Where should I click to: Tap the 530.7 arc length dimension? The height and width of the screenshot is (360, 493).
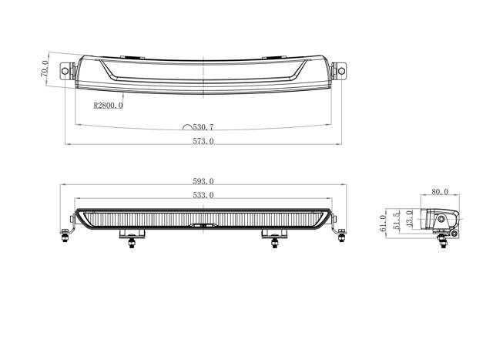pos(204,126)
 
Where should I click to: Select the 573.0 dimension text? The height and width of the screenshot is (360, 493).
pos(204,141)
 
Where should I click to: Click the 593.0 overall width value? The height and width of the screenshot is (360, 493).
pos(203,182)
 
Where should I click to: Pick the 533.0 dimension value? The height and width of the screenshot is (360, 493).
pos(203,196)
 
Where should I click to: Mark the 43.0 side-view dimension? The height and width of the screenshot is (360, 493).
pos(410,217)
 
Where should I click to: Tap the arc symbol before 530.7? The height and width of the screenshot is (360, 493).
pos(187,126)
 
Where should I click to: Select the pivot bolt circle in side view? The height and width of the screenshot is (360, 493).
pos(444,221)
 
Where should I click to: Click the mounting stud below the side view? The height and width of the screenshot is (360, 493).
pos(444,241)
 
